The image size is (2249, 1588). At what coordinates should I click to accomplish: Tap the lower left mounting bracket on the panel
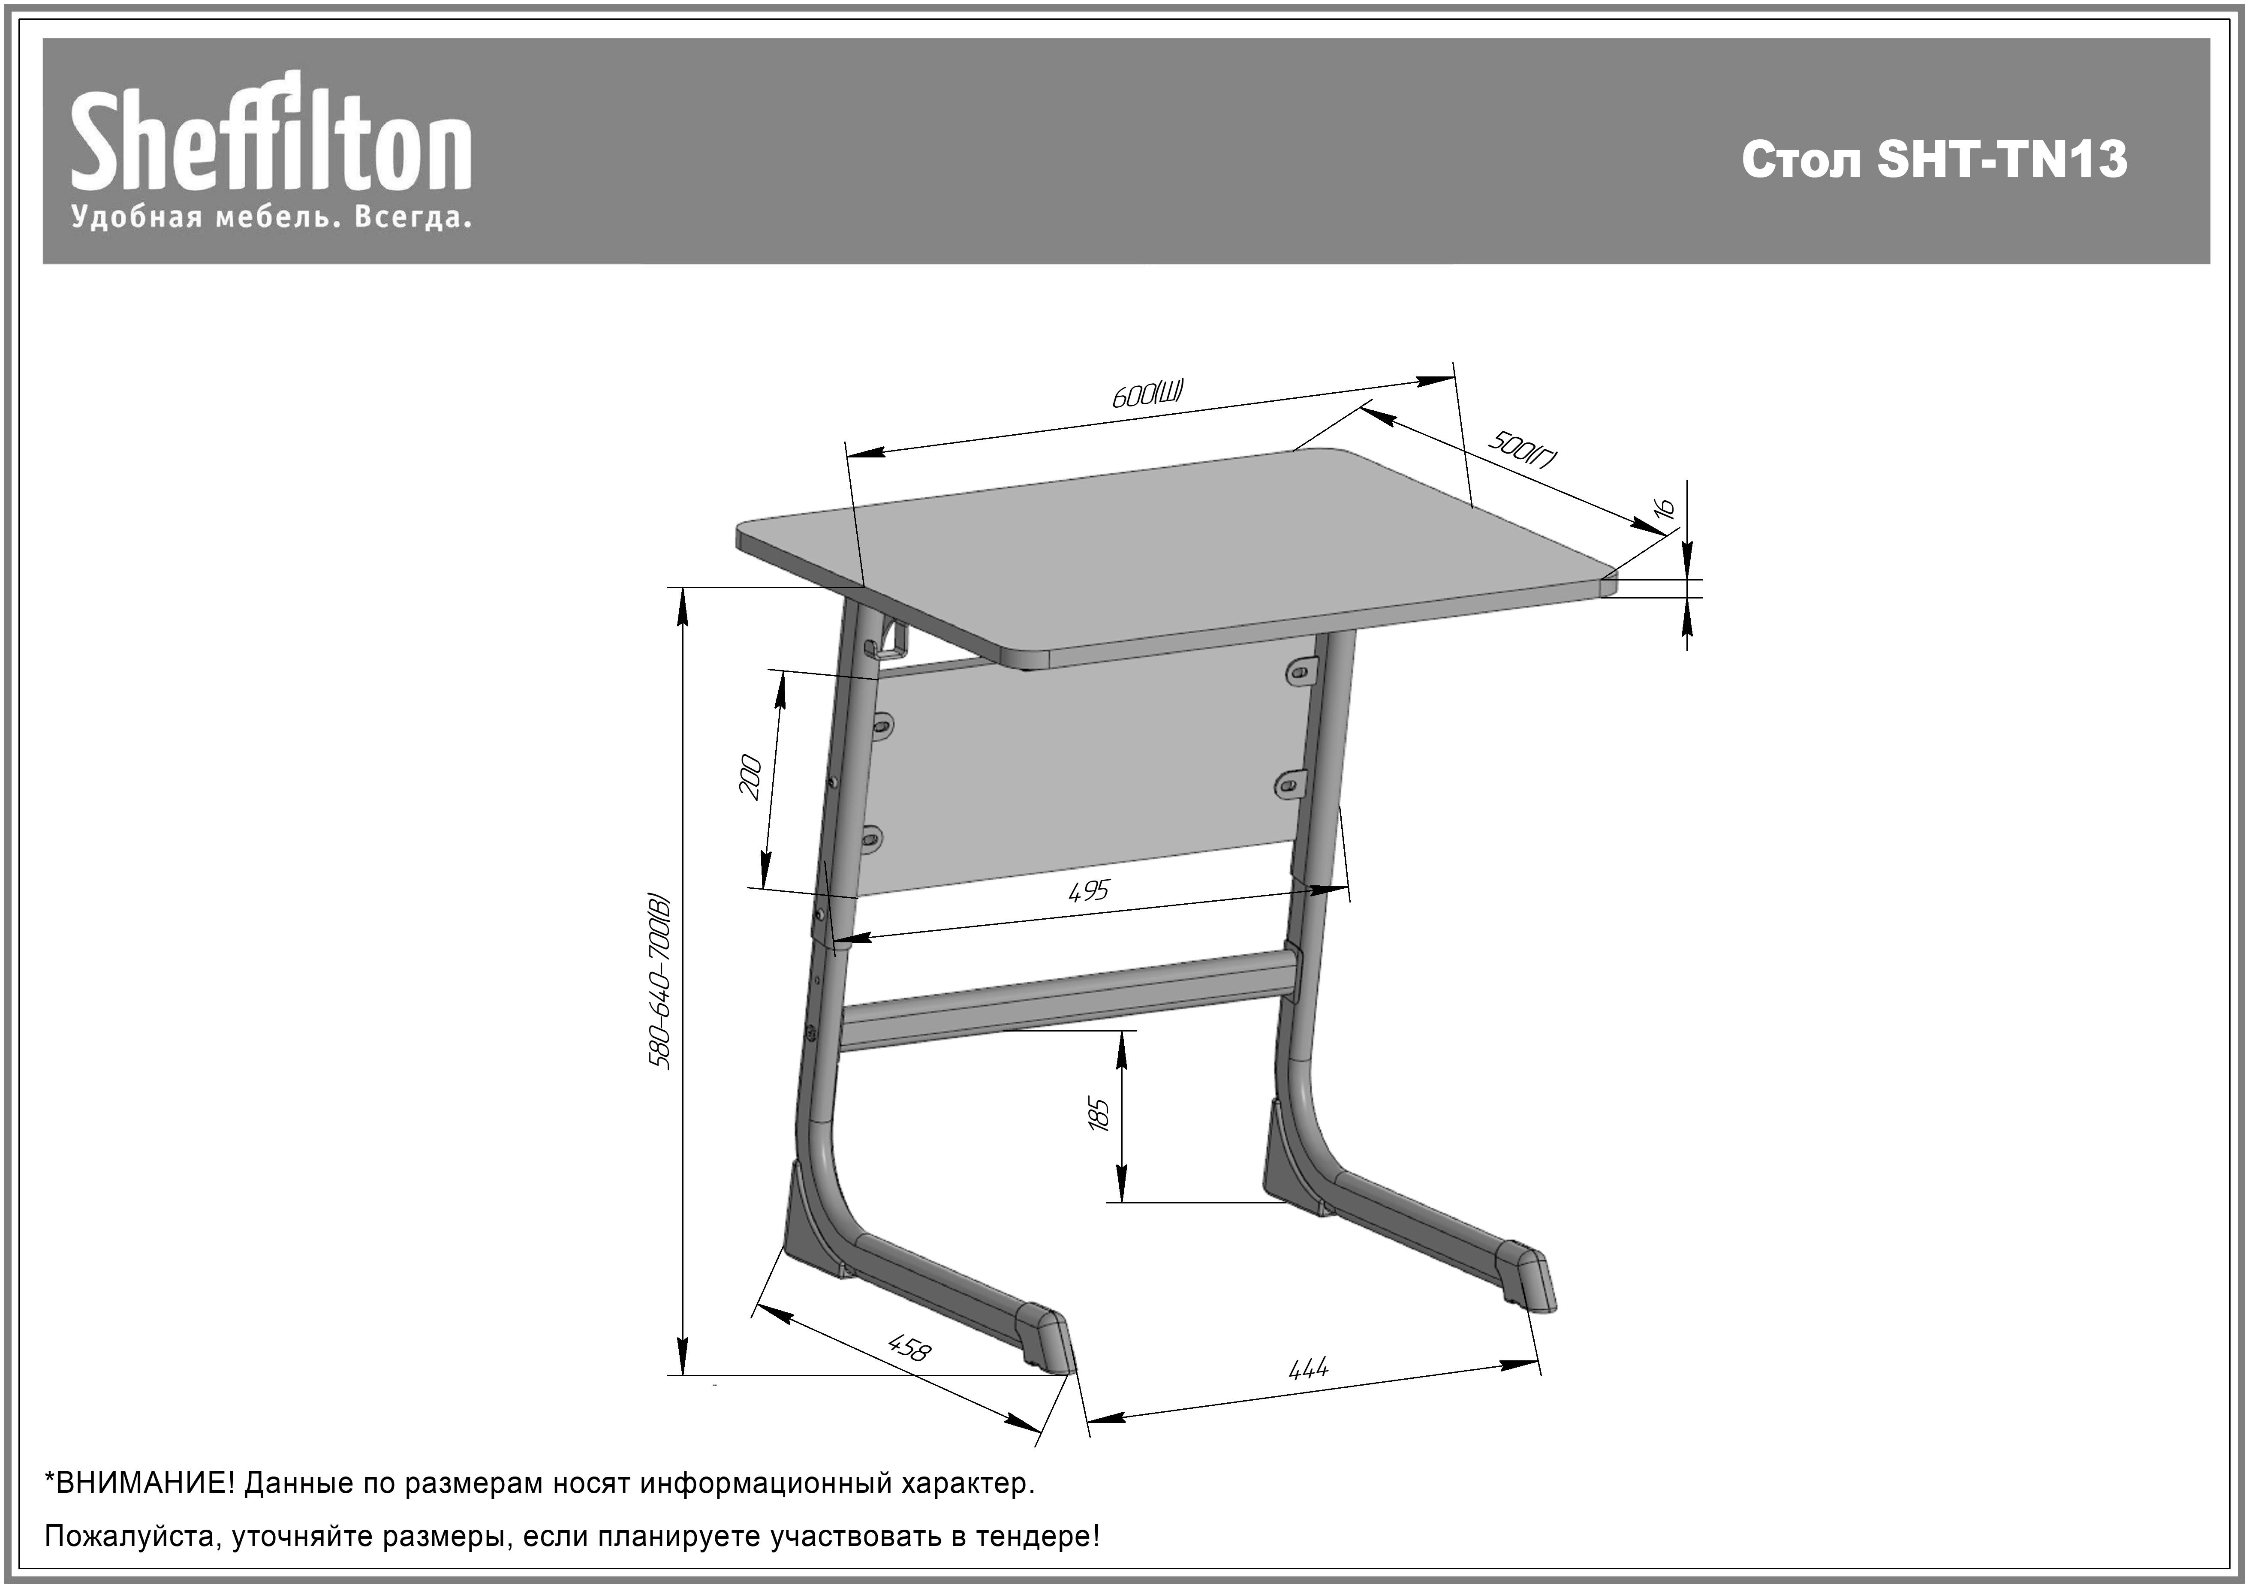871,838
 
